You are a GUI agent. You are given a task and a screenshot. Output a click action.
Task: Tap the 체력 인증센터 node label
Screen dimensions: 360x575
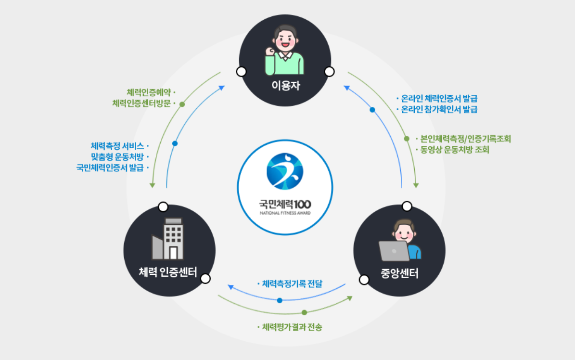(x=169, y=273)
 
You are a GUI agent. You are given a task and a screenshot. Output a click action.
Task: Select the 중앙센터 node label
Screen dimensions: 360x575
(x=399, y=274)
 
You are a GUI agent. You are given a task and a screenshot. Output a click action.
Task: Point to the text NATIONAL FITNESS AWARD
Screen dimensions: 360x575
(x=285, y=212)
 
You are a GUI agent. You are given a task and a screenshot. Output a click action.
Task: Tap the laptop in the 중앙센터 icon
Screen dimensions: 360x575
(x=394, y=250)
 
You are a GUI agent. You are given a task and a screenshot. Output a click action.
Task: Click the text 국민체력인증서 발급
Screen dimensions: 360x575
(x=110, y=167)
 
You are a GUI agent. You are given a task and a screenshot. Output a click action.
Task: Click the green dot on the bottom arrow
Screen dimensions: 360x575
(x=304, y=312)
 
